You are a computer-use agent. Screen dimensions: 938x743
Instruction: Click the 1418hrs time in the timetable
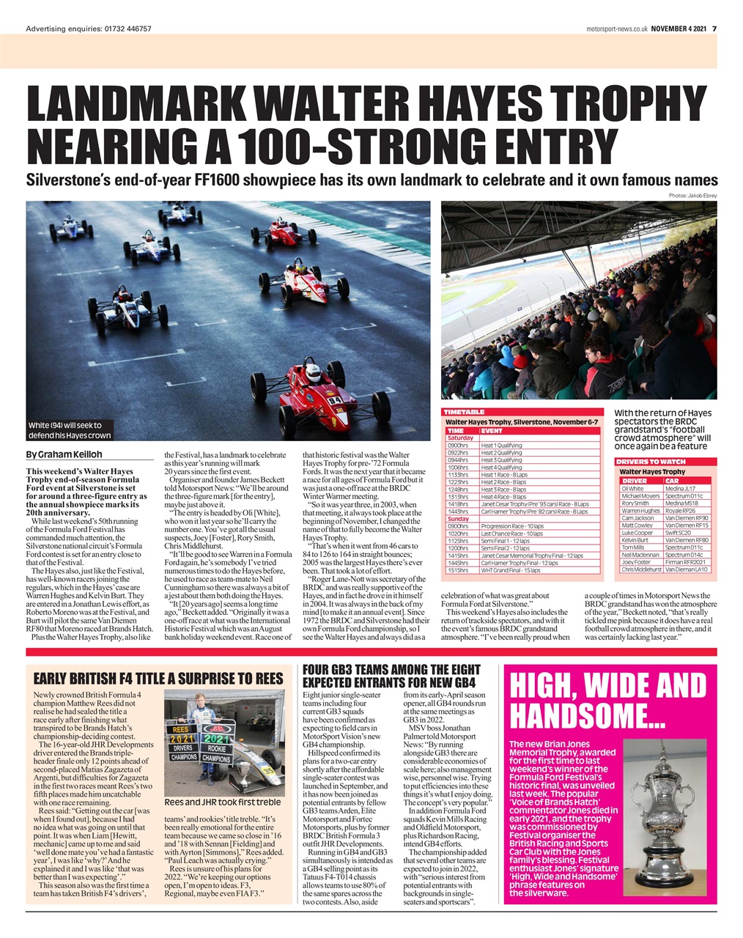(x=459, y=504)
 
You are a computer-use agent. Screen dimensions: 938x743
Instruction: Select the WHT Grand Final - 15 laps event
(x=510, y=569)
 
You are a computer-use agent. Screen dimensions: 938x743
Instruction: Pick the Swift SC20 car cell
(x=679, y=533)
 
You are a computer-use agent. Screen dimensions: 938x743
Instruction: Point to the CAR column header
(x=672, y=481)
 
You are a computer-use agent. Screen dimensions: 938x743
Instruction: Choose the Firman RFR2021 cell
(x=686, y=561)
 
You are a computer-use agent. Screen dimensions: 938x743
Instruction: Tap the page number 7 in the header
(x=714, y=29)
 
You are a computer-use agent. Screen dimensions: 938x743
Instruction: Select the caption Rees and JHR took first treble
(x=222, y=801)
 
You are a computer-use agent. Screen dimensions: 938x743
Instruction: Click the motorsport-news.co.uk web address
(x=616, y=29)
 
